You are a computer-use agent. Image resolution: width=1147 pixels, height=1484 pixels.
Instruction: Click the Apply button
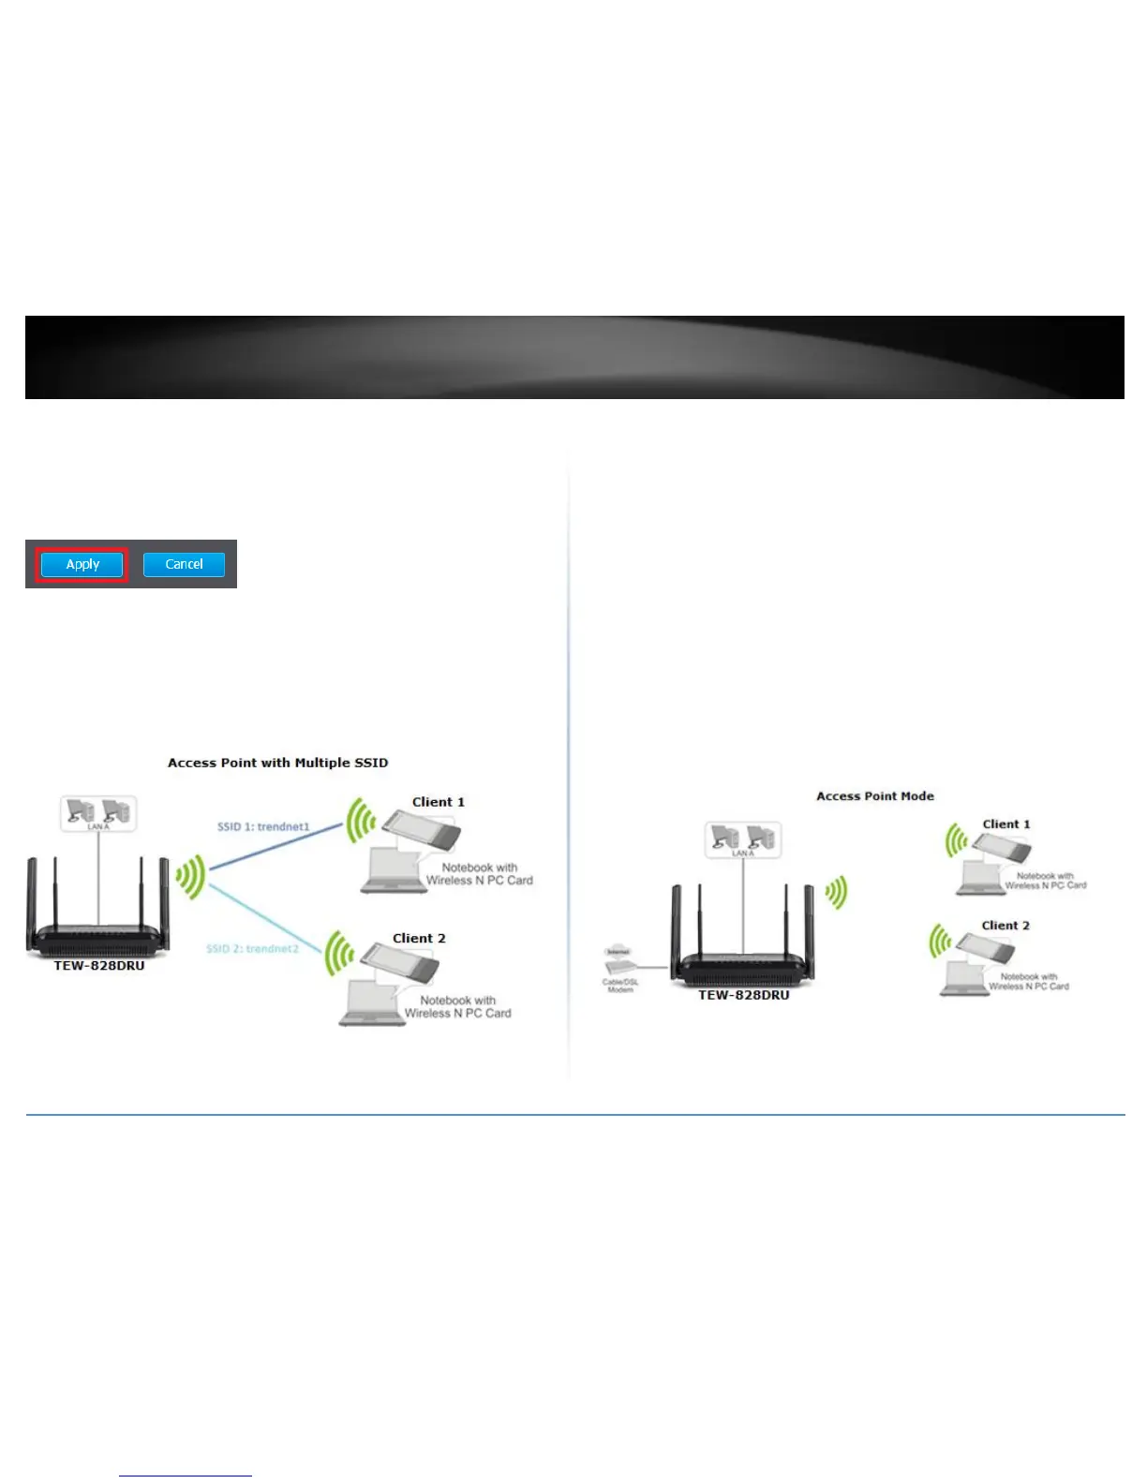(x=82, y=564)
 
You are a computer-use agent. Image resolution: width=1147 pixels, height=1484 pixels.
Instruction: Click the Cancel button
(x=184, y=564)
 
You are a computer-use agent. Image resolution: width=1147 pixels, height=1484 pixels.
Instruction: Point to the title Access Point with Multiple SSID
(x=277, y=763)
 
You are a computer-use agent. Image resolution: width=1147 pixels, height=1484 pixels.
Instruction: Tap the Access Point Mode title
(x=874, y=796)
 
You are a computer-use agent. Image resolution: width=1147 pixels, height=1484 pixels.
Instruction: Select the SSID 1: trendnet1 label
(x=263, y=826)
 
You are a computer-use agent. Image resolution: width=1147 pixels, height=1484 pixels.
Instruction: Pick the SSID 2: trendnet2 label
(x=252, y=948)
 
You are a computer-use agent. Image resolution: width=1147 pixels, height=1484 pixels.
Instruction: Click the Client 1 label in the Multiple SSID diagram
(x=438, y=802)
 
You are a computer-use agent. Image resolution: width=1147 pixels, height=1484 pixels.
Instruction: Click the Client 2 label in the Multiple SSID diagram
(x=419, y=938)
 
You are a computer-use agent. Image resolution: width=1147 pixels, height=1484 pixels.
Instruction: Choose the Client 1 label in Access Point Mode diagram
(x=1005, y=824)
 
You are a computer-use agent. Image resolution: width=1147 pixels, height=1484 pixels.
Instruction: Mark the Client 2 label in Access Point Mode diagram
(x=1005, y=926)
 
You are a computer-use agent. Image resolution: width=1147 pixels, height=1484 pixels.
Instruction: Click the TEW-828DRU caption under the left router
(x=99, y=966)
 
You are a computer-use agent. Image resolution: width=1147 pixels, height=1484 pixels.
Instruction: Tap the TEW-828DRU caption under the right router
(x=743, y=995)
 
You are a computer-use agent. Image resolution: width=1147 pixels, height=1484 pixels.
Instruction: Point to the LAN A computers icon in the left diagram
(x=98, y=813)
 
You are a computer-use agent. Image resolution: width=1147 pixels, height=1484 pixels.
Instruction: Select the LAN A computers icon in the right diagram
(x=742, y=840)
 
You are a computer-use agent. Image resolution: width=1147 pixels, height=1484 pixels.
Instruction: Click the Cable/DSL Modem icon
(x=619, y=968)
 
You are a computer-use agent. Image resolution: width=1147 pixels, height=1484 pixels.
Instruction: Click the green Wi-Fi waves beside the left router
(x=190, y=877)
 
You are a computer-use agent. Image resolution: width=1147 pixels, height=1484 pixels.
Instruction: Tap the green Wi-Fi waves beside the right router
(x=836, y=892)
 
